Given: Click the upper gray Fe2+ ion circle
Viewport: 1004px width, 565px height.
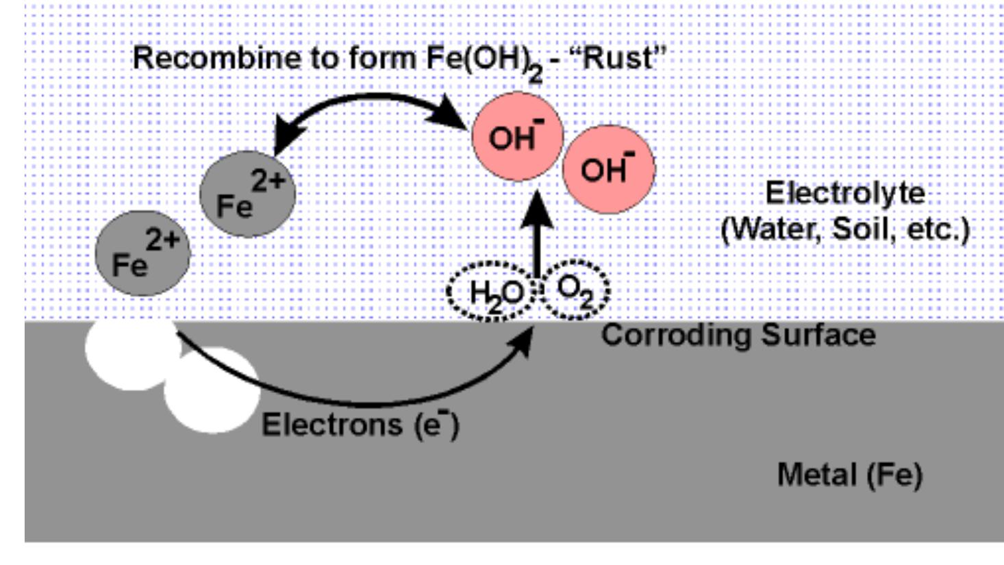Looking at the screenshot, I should point(247,194).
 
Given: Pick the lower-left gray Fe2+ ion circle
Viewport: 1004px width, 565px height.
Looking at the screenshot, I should point(142,253).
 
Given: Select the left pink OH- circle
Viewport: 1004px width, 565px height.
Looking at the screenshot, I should point(517,136).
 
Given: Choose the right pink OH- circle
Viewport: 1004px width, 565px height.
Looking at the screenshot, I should point(608,168).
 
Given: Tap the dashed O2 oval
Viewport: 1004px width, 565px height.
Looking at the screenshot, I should point(575,290).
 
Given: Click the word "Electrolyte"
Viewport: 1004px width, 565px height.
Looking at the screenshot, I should point(844,192).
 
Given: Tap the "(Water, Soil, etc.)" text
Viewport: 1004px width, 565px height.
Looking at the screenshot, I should point(845,229).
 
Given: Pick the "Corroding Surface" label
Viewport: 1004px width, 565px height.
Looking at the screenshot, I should point(738,335).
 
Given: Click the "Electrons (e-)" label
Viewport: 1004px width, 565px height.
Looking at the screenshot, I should point(360,425).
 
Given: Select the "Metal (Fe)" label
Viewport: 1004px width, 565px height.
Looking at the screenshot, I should point(849,475).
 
